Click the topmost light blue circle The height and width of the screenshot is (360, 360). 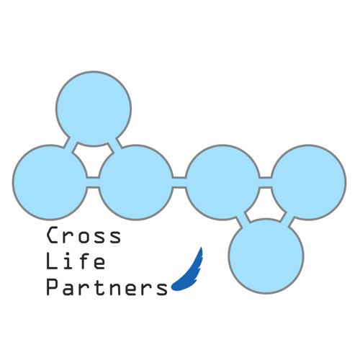94,109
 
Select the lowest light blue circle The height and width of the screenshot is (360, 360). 266,256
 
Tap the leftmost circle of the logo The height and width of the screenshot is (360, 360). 50,182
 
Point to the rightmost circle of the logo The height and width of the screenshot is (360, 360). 309,182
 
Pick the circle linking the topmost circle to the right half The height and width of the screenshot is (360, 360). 136,182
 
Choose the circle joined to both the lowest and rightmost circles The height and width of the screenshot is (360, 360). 222,182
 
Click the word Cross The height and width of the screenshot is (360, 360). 84,235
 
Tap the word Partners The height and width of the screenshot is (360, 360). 107,287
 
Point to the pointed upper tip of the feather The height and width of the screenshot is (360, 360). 201,247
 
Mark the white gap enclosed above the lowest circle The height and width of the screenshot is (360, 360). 265,204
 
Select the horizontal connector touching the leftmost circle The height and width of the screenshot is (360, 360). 93,182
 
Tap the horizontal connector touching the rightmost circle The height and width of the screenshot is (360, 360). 266,182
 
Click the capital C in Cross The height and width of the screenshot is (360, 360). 53,235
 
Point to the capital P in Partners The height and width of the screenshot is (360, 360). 53,287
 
